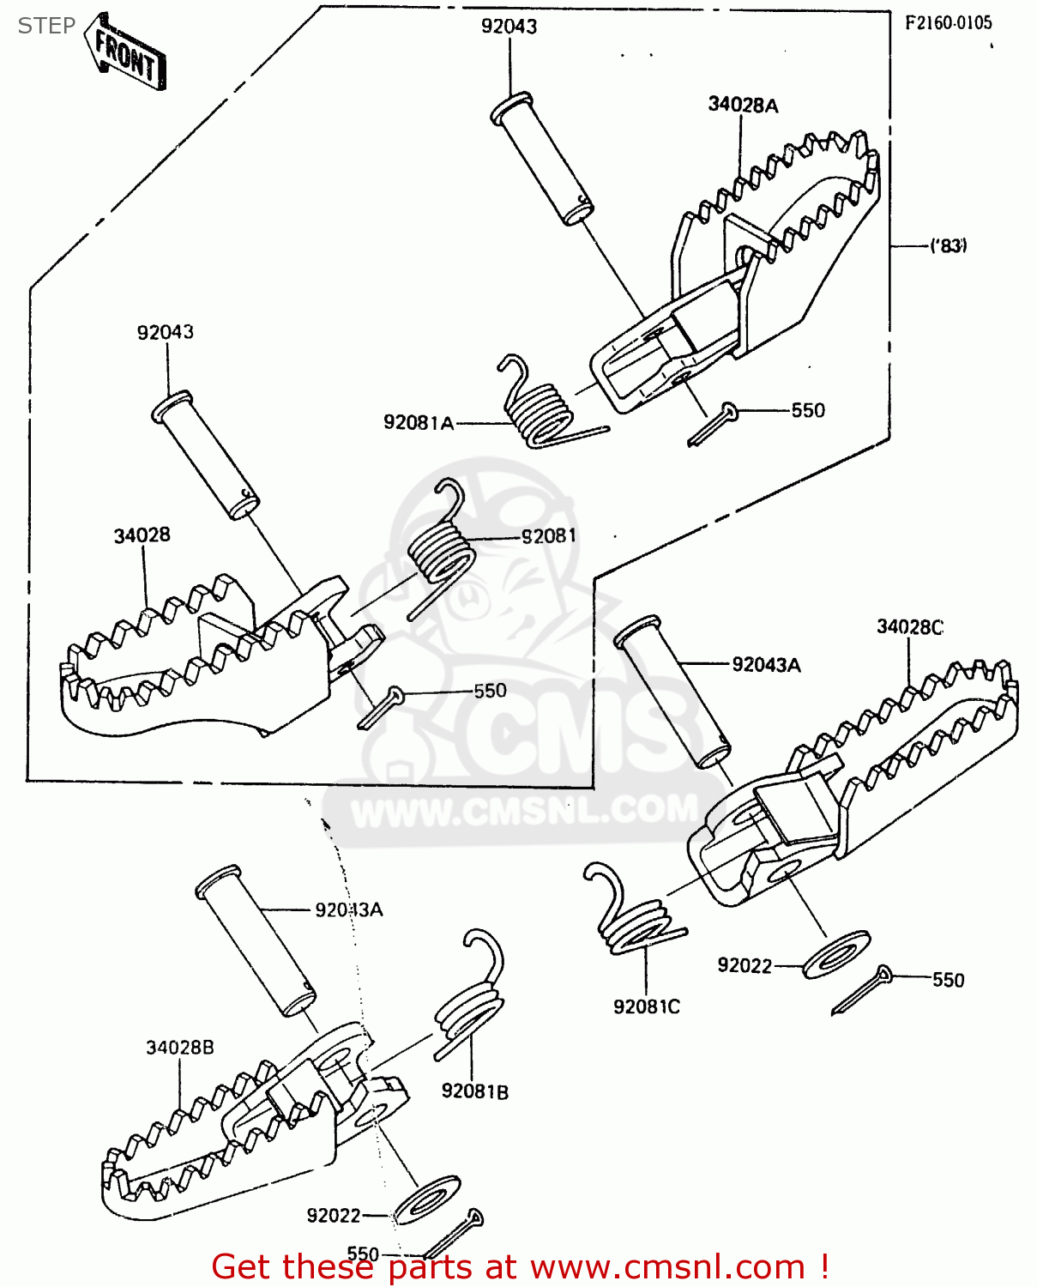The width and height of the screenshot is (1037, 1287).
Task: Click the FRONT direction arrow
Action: pyautogui.click(x=125, y=52)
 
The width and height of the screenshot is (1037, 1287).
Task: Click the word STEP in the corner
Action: pyautogui.click(x=46, y=26)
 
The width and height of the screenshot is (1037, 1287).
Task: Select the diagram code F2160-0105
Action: pyautogui.click(x=948, y=23)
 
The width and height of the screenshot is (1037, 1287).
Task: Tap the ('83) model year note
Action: pyautogui.click(x=949, y=246)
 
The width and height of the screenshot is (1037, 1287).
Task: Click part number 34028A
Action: pyautogui.click(x=743, y=105)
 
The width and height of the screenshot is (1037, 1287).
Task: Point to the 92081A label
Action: pyautogui.click(x=418, y=422)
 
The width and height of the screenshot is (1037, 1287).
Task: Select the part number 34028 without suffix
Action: pyautogui.click(x=142, y=535)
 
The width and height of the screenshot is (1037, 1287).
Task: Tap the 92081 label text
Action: pyautogui.click(x=549, y=536)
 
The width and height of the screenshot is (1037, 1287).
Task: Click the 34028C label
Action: pyautogui.click(x=909, y=627)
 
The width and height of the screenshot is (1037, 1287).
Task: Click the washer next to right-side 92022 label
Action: pyautogui.click(x=836, y=954)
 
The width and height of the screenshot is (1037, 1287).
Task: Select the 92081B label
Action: pyautogui.click(x=474, y=1091)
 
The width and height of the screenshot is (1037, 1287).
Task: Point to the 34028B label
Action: pyautogui.click(x=179, y=1048)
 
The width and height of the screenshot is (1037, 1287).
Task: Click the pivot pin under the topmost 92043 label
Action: pyautogui.click(x=542, y=160)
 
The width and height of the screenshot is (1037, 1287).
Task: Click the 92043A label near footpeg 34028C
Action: pyautogui.click(x=766, y=665)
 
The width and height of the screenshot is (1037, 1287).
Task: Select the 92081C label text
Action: pyautogui.click(x=646, y=1006)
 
